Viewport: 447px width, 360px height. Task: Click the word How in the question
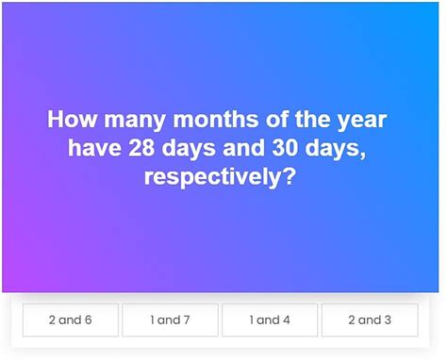(72, 122)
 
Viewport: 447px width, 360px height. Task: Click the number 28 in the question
(142, 149)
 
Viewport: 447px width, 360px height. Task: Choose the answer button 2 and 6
(71, 320)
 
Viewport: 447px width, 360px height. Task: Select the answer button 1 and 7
(170, 320)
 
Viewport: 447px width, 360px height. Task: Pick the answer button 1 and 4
(270, 320)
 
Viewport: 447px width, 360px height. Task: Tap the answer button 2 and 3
(370, 320)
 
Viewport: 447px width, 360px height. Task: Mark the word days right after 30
(335, 149)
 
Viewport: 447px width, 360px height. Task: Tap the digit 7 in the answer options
(187, 320)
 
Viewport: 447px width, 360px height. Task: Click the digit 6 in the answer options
(88, 320)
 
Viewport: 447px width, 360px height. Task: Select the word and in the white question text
(242, 149)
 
